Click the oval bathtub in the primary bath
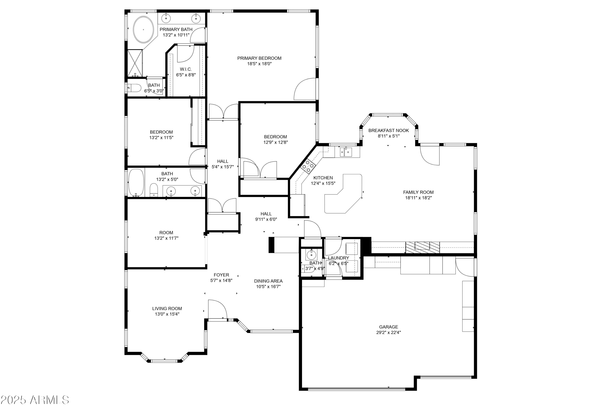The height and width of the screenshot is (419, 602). (x=143, y=30)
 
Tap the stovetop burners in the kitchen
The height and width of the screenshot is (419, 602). (x=308, y=166)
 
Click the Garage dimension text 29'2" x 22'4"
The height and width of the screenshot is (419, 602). (x=388, y=333)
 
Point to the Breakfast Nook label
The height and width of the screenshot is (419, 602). (x=388, y=130)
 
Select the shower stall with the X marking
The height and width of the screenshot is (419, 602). (x=135, y=63)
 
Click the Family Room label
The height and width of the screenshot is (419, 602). (x=418, y=192)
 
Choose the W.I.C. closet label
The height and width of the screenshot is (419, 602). (x=186, y=69)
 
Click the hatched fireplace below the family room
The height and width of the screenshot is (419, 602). (x=422, y=247)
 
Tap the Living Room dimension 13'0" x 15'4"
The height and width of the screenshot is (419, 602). (x=167, y=314)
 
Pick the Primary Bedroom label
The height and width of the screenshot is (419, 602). (x=259, y=58)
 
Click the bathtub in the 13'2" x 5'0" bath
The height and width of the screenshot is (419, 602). (x=136, y=183)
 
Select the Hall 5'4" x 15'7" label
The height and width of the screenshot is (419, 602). (x=222, y=164)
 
